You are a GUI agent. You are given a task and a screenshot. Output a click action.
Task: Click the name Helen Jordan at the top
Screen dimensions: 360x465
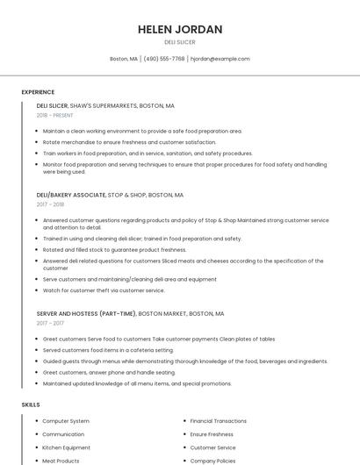(x=180, y=29)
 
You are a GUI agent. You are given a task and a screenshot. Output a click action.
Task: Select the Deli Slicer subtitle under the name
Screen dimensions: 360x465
(x=180, y=42)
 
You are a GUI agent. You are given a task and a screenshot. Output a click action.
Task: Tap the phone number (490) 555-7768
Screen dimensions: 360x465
(x=164, y=59)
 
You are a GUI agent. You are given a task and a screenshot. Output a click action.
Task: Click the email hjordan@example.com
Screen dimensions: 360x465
(x=220, y=59)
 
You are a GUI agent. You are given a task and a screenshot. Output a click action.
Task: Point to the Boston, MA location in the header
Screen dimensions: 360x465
(x=124, y=59)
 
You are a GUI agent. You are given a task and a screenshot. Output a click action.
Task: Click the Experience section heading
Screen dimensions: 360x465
(x=38, y=92)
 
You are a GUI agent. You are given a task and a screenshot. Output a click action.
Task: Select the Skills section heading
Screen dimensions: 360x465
(x=31, y=404)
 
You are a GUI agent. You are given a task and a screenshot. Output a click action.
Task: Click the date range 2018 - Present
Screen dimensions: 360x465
(x=55, y=115)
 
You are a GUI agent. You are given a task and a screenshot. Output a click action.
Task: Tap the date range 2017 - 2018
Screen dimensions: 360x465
(x=51, y=204)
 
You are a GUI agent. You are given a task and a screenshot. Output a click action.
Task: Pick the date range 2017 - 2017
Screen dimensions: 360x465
(x=51, y=323)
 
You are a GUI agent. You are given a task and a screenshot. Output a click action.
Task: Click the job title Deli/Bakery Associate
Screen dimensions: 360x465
(x=70, y=195)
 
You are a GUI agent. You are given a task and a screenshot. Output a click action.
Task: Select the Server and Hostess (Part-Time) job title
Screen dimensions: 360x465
(x=86, y=313)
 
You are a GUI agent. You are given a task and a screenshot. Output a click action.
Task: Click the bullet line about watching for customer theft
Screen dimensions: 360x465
(x=104, y=290)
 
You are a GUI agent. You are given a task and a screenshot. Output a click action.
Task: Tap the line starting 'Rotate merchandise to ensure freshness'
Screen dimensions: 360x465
(x=129, y=142)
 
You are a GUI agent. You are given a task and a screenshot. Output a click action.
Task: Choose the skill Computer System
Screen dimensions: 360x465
(x=66, y=421)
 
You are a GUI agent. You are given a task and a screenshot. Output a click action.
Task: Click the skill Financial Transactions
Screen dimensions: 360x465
(x=219, y=421)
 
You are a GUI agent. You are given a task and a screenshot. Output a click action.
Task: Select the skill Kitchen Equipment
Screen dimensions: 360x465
(x=67, y=447)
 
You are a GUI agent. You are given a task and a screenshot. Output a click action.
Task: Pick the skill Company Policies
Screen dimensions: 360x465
(x=213, y=461)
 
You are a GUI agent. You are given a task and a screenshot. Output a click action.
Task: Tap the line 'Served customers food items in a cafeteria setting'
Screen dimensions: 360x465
(x=108, y=350)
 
